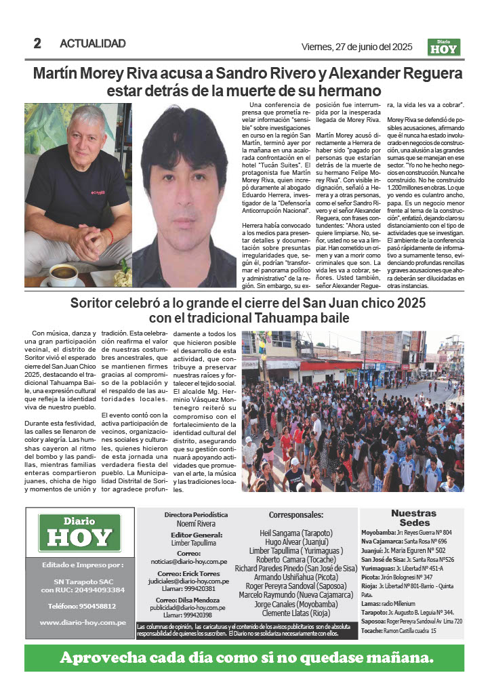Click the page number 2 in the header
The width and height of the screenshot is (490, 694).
(x=37, y=43)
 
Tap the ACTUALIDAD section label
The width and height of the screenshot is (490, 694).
(x=93, y=43)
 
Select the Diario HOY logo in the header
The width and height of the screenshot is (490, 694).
(x=444, y=47)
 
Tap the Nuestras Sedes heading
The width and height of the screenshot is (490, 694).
(x=413, y=518)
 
